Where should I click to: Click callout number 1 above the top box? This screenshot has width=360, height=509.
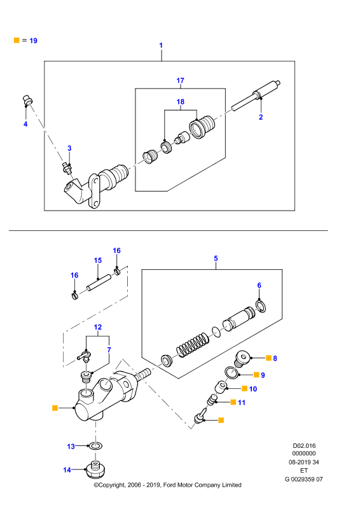(161, 45)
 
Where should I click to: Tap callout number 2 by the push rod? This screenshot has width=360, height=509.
(261, 117)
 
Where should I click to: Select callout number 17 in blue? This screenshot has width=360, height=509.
(180, 80)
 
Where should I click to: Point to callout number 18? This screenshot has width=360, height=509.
(180, 102)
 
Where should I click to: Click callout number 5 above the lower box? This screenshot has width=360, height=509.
(216, 258)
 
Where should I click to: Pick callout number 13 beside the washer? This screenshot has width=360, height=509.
(71, 447)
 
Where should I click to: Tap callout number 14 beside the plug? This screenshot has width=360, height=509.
(67, 470)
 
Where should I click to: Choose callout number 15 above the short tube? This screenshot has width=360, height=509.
(98, 260)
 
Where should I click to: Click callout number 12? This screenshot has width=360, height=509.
(98, 327)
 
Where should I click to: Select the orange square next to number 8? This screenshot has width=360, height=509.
(268, 358)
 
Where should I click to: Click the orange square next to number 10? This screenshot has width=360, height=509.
(244, 388)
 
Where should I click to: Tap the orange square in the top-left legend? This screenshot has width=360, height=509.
(17, 40)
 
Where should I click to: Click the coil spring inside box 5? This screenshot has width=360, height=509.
(192, 344)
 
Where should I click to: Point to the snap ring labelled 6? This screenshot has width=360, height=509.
(261, 307)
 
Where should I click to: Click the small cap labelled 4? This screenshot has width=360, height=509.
(27, 100)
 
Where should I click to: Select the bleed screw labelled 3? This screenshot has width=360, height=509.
(67, 168)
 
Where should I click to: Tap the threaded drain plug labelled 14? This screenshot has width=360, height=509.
(96, 470)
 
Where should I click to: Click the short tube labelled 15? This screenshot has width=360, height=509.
(99, 282)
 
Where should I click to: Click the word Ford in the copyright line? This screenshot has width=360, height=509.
(169, 485)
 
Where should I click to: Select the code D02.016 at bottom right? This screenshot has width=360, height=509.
(304, 446)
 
